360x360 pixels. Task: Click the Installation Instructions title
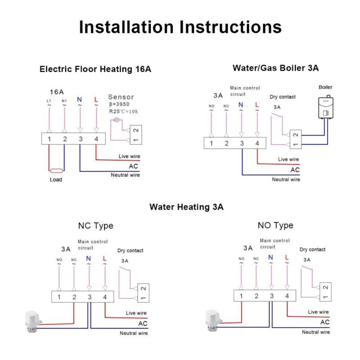[180, 27]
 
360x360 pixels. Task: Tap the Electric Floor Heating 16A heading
[95, 69]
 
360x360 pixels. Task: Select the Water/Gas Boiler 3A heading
[275, 68]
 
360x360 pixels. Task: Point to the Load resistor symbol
[56, 171]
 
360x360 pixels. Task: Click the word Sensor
[121, 97]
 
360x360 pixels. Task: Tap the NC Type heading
[95, 225]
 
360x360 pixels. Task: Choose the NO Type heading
[275, 225]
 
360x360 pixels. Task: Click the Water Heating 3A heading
[186, 207]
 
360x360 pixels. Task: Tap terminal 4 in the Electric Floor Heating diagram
[96, 139]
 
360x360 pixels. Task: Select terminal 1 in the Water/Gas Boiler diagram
[211, 143]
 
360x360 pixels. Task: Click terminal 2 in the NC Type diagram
[74, 297]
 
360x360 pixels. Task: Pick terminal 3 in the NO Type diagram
[271, 296]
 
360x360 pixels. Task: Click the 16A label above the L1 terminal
[56, 90]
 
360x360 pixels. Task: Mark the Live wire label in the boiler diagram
[288, 159]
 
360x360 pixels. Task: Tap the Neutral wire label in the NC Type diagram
[133, 333]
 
